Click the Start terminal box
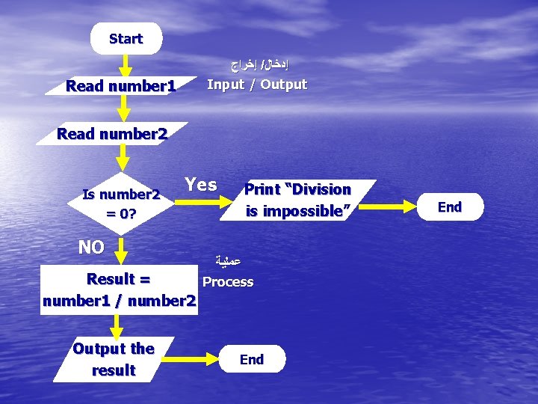tap(126, 39)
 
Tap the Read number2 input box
tap(113, 135)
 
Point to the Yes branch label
tap(201, 185)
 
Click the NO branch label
tap(91, 247)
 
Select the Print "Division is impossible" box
tap(297, 201)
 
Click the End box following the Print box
tap(449, 207)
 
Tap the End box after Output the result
tap(252, 359)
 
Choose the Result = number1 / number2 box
tap(119, 290)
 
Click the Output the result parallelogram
tap(114, 359)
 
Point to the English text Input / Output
tap(257, 84)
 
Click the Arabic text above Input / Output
tap(257, 64)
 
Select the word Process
tap(228, 282)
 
